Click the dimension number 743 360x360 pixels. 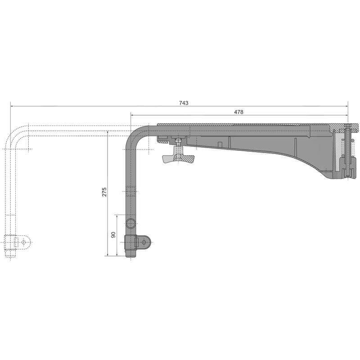tap(184, 103)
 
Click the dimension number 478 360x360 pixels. tap(238, 112)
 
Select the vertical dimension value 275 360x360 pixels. tap(104, 192)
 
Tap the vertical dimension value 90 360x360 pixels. tap(113, 234)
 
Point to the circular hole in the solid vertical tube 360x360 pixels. tap(130, 223)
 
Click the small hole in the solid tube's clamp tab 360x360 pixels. tap(144, 242)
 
